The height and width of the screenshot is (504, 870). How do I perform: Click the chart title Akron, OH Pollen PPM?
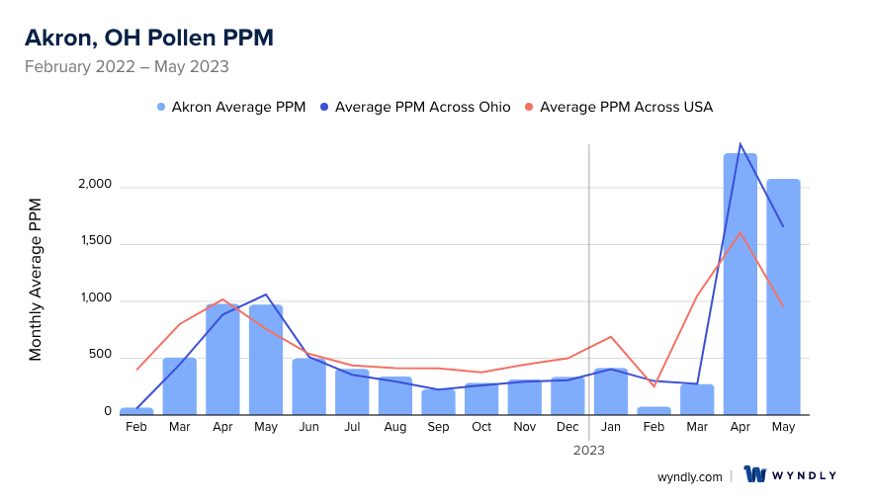148,38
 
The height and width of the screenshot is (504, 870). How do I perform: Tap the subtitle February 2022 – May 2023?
127,67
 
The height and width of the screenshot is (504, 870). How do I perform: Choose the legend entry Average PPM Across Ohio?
422,107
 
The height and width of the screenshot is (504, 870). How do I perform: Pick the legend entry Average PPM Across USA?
626,107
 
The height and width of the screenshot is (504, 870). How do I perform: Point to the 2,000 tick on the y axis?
96,186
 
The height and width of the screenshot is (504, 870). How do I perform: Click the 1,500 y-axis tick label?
97,243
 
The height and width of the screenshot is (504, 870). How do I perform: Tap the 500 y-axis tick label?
103,357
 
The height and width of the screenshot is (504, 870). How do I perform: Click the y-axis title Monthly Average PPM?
36,280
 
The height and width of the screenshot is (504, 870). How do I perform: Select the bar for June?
308,386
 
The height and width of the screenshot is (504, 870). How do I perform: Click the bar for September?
438,401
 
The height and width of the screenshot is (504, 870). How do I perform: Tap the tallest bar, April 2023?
740,284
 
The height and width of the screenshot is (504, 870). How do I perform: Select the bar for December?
567,395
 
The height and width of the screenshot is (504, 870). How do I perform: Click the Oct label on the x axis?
481,427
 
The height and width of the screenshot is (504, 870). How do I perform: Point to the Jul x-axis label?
352,427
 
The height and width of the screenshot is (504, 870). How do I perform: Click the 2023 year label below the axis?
589,450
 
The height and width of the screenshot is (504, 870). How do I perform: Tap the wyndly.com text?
689,476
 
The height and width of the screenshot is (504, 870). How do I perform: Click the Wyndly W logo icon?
755,475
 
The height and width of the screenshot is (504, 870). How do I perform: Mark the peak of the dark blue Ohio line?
740,143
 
